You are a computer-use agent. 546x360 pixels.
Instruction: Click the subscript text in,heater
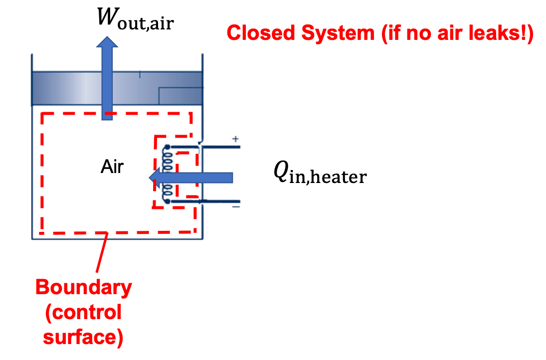tap(327, 178)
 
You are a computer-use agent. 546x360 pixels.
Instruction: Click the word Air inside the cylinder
tap(112, 167)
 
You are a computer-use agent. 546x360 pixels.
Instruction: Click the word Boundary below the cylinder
tap(83, 288)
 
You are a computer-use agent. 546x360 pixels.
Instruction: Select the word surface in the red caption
tap(83, 337)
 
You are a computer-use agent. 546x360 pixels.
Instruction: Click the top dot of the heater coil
tap(167, 146)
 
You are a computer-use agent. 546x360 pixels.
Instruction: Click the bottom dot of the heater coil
tap(167, 201)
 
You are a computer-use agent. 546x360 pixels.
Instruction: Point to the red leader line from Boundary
tap(100, 254)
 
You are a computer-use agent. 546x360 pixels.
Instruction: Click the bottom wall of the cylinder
tap(118, 239)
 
